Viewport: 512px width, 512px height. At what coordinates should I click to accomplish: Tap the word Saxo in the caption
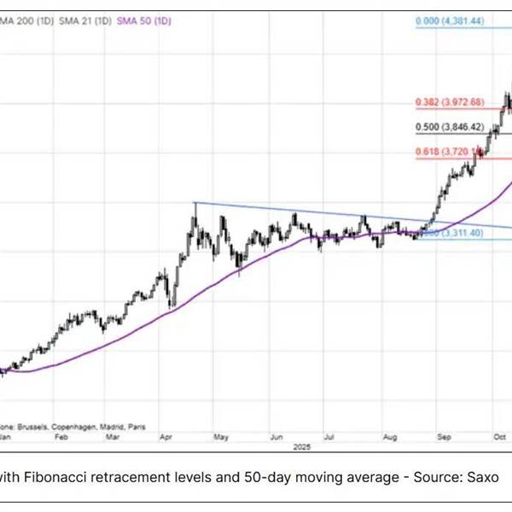(x=481, y=478)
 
